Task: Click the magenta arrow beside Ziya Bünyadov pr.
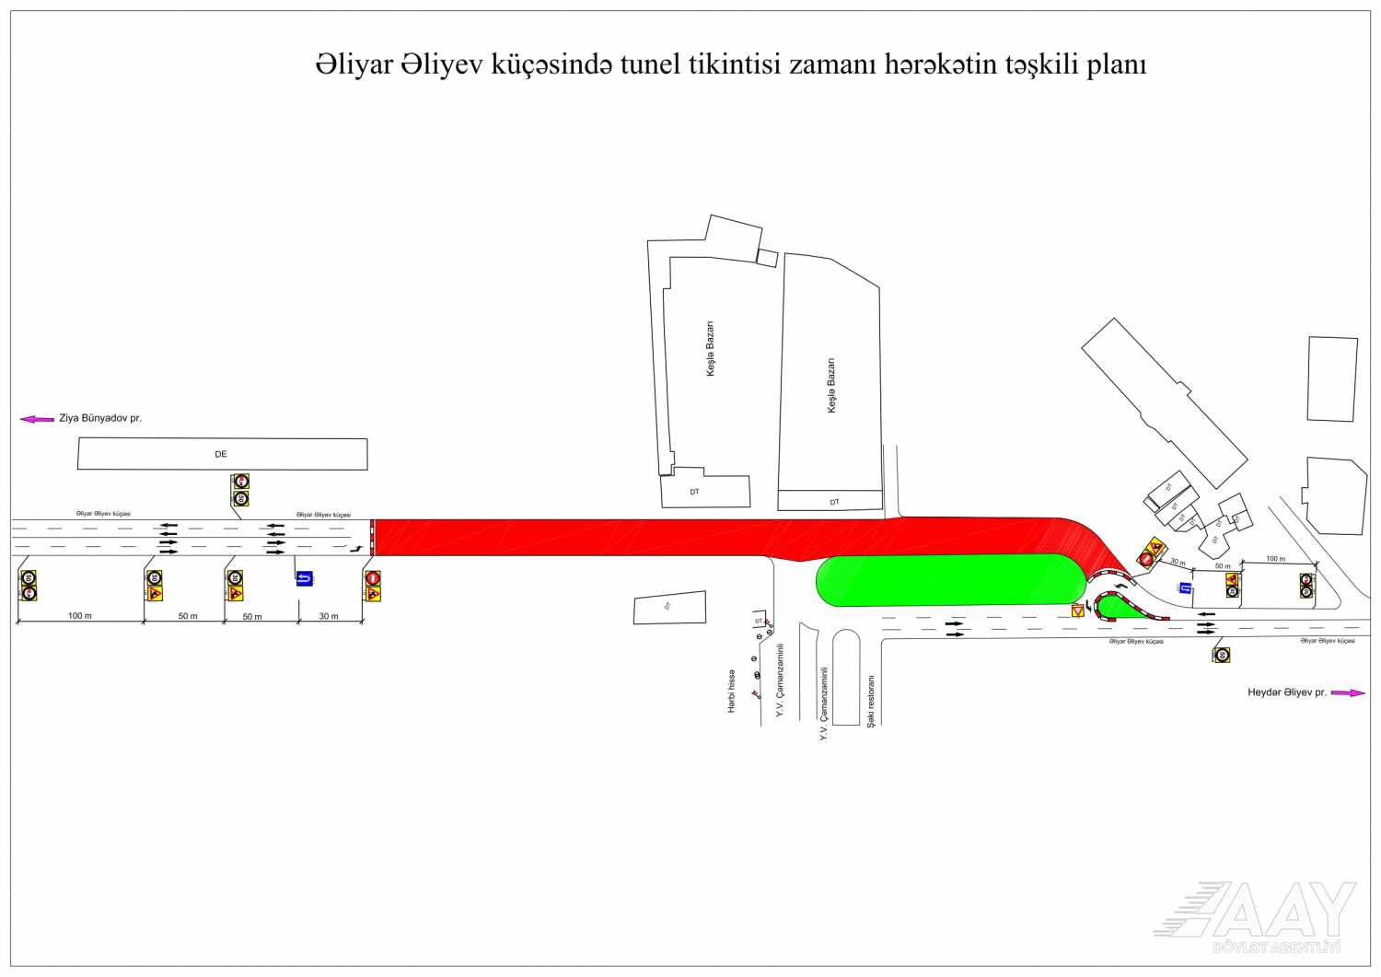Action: pos(37,419)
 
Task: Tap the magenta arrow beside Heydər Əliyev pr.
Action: pos(1348,692)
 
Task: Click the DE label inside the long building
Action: pos(221,454)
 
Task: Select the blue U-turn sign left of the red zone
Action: pos(305,578)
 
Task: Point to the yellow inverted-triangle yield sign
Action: pos(1077,611)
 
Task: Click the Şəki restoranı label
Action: pos(871,701)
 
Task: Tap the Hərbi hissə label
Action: pos(732,691)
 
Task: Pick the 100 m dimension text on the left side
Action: pos(80,615)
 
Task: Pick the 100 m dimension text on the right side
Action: pos(1275,559)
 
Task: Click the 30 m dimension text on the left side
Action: pos(329,616)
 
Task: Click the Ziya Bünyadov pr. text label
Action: pos(100,418)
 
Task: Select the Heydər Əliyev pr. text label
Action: pos(1286,692)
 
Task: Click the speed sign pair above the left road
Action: pos(240,490)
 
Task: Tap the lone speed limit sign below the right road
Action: pos(1222,655)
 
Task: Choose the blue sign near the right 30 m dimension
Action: pos(1186,587)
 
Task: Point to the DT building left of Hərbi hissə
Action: pos(669,608)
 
